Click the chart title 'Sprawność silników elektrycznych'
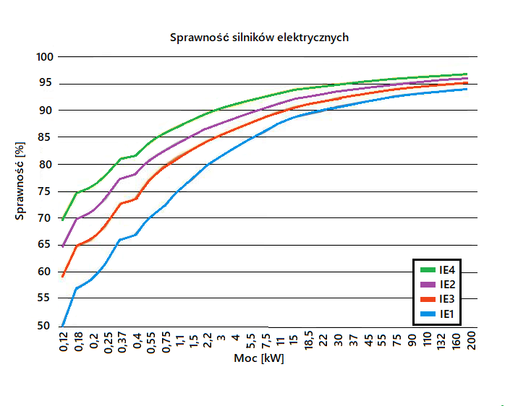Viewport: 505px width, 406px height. pyautogui.click(x=259, y=38)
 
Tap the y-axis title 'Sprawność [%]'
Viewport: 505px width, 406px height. pyautogui.click(x=20, y=181)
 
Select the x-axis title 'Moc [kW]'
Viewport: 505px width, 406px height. pyautogui.click(x=259, y=358)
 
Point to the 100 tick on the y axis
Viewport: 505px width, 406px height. pyautogui.click(x=44, y=57)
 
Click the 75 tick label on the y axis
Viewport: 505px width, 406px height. pyautogui.click(x=45, y=191)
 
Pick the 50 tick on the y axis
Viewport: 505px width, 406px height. pyautogui.click(x=44, y=326)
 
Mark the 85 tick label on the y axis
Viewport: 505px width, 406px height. pyautogui.click(x=45, y=137)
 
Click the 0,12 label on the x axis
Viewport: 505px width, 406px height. pyautogui.click(x=64, y=342)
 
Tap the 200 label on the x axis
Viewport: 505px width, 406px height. pyautogui.click(x=472, y=341)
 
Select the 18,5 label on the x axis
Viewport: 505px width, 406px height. pyautogui.click(x=308, y=341)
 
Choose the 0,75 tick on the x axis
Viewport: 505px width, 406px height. pyautogui.click(x=166, y=342)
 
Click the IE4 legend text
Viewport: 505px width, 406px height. pyautogui.click(x=447, y=270)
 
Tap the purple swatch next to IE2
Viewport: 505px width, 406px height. pyautogui.click(x=428, y=285)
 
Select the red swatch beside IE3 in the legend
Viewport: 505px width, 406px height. pyautogui.click(x=428, y=300)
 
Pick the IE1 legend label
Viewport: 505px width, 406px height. pyautogui.click(x=446, y=314)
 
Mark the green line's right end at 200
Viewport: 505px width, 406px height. pyautogui.click(x=466, y=74)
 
